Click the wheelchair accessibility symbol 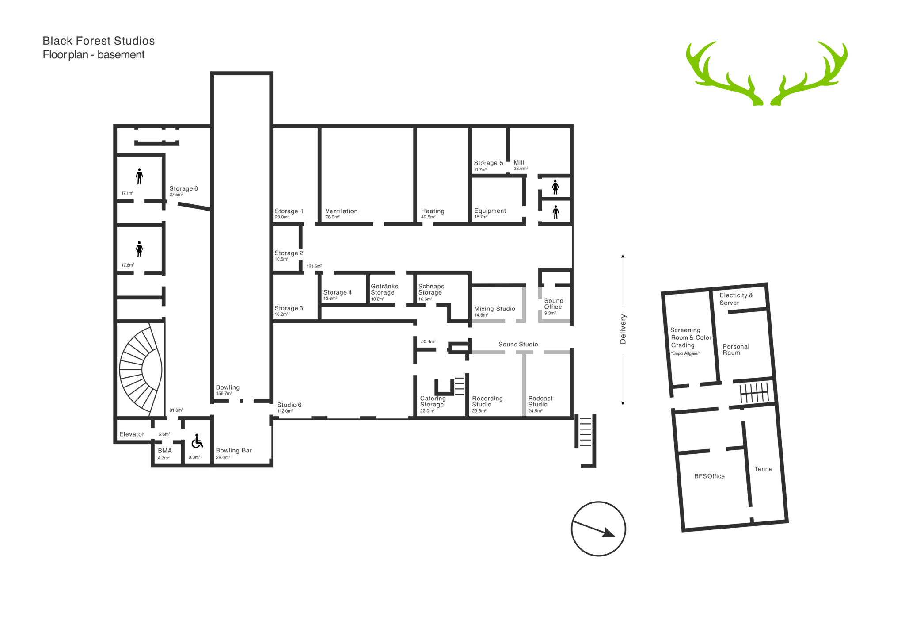click(197, 441)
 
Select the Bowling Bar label click(234, 451)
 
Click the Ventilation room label click(342, 211)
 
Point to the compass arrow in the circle click(593, 529)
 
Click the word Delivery click(623, 329)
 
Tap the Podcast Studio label click(540, 402)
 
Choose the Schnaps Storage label click(431, 290)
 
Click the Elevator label click(132, 434)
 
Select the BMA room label click(165, 451)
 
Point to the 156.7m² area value click(224, 394)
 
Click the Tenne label click(763, 469)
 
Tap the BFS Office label click(709, 476)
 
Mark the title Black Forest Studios click(99, 41)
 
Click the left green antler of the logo click(724, 73)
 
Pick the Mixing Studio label click(494, 309)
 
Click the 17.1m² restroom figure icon click(140, 176)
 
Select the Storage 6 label click(183, 188)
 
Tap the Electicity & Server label click(736, 299)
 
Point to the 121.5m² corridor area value click(314, 267)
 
